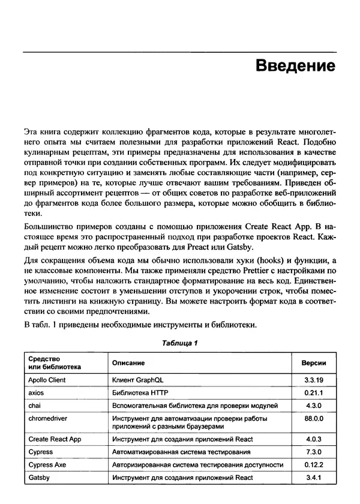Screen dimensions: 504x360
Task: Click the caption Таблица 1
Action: (x=179, y=343)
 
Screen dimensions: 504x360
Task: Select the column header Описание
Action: (x=128, y=364)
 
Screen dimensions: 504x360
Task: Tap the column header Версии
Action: (x=313, y=364)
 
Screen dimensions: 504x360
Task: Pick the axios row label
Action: (x=37, y=393)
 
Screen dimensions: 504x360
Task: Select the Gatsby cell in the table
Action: (x=39, y=478)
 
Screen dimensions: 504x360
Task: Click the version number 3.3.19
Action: (x=313, y=380)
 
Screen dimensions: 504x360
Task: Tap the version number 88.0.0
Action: (x=313, y=418)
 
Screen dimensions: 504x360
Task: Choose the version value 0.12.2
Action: (x=313, y=464)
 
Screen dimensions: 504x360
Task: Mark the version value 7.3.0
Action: (x=313, y=452)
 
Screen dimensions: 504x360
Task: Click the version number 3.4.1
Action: (x=313, y=478)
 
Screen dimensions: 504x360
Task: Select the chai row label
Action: (x=34, y=406)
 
